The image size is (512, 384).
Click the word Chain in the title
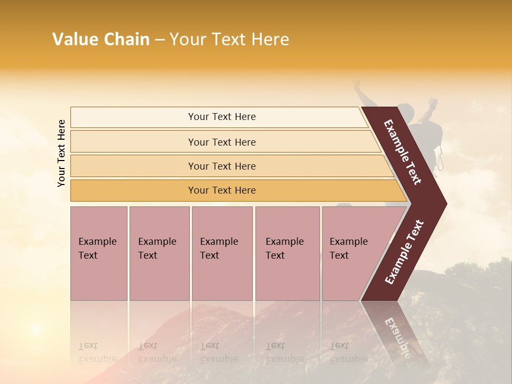[126, 39]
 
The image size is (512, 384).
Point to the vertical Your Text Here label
[61, 153]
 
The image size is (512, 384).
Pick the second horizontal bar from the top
[221, 142]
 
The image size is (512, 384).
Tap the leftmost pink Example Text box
[99, 253]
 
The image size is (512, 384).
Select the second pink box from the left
[159, 253]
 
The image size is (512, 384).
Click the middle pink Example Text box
[222, 253]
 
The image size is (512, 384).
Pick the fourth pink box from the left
[287, 253]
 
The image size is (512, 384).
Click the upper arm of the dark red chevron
[403, 152]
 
